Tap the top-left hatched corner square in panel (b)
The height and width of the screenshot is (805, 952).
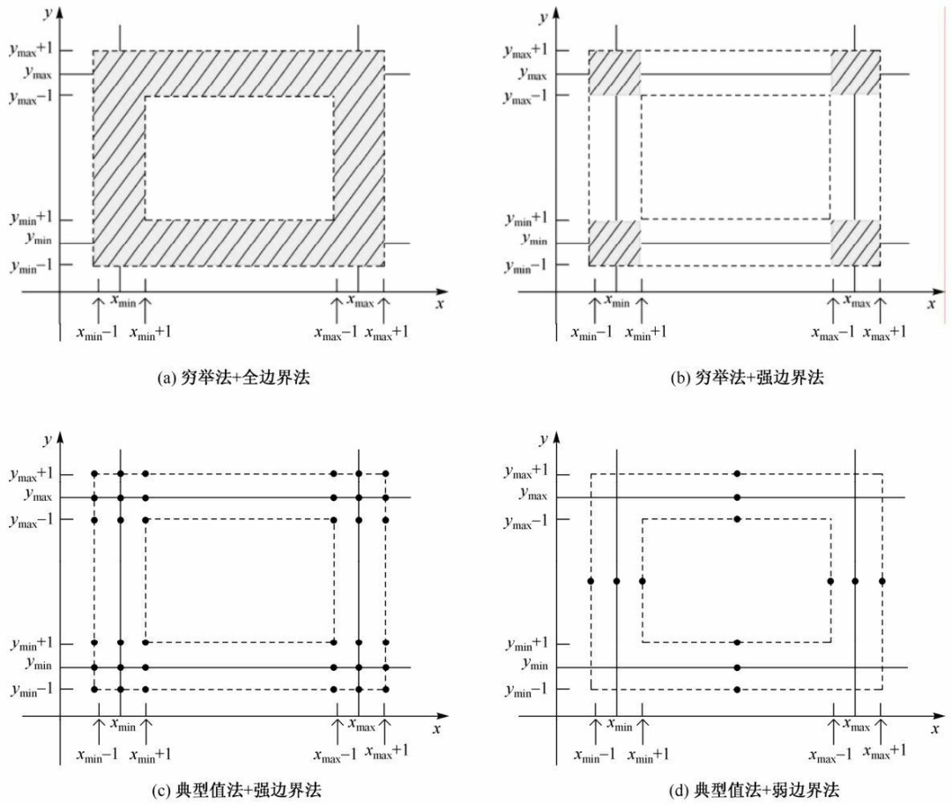(x=614, y=72)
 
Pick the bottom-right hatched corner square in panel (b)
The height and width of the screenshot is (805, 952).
(x=855, y=242)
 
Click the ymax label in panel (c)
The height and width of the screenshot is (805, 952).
(x=33, y=497)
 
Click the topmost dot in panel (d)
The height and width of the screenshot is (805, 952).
(x=737, y=474)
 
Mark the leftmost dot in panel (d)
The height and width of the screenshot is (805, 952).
(x=591, y=581)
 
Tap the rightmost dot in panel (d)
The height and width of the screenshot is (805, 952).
(x=881, y=581)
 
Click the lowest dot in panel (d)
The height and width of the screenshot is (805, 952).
(x=737, y=689)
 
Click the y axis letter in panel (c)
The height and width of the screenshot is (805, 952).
(x=48, y=439)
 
